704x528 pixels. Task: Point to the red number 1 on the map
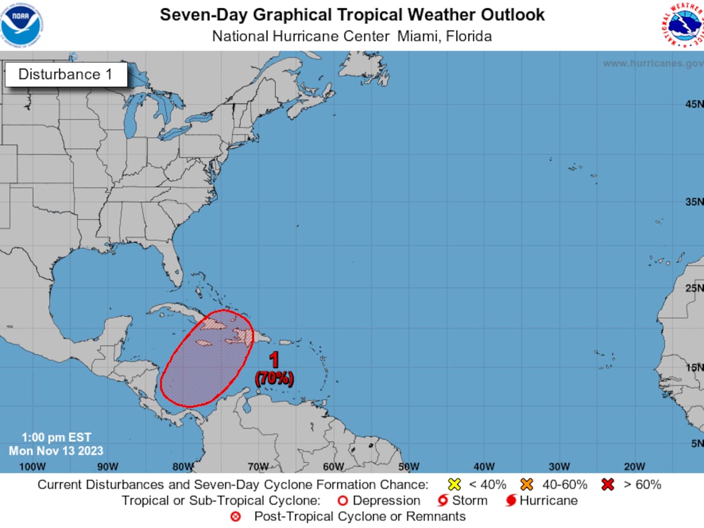click(273, 360)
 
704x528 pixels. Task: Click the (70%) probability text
click(274, 378)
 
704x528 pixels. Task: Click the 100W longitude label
click(32, 466)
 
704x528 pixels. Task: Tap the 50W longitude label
click(408, 466)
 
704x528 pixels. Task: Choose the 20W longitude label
click(634, 466)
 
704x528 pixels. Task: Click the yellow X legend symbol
click(453, 485)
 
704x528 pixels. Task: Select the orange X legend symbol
click(526, 485)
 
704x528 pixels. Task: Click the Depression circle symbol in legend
click(343, 501)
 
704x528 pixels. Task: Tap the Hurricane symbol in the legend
click(511, 501)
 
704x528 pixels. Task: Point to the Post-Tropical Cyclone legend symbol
click(236, 517)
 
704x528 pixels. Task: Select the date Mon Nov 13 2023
click(56, 451)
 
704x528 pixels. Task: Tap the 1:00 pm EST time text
click(56, 438)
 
